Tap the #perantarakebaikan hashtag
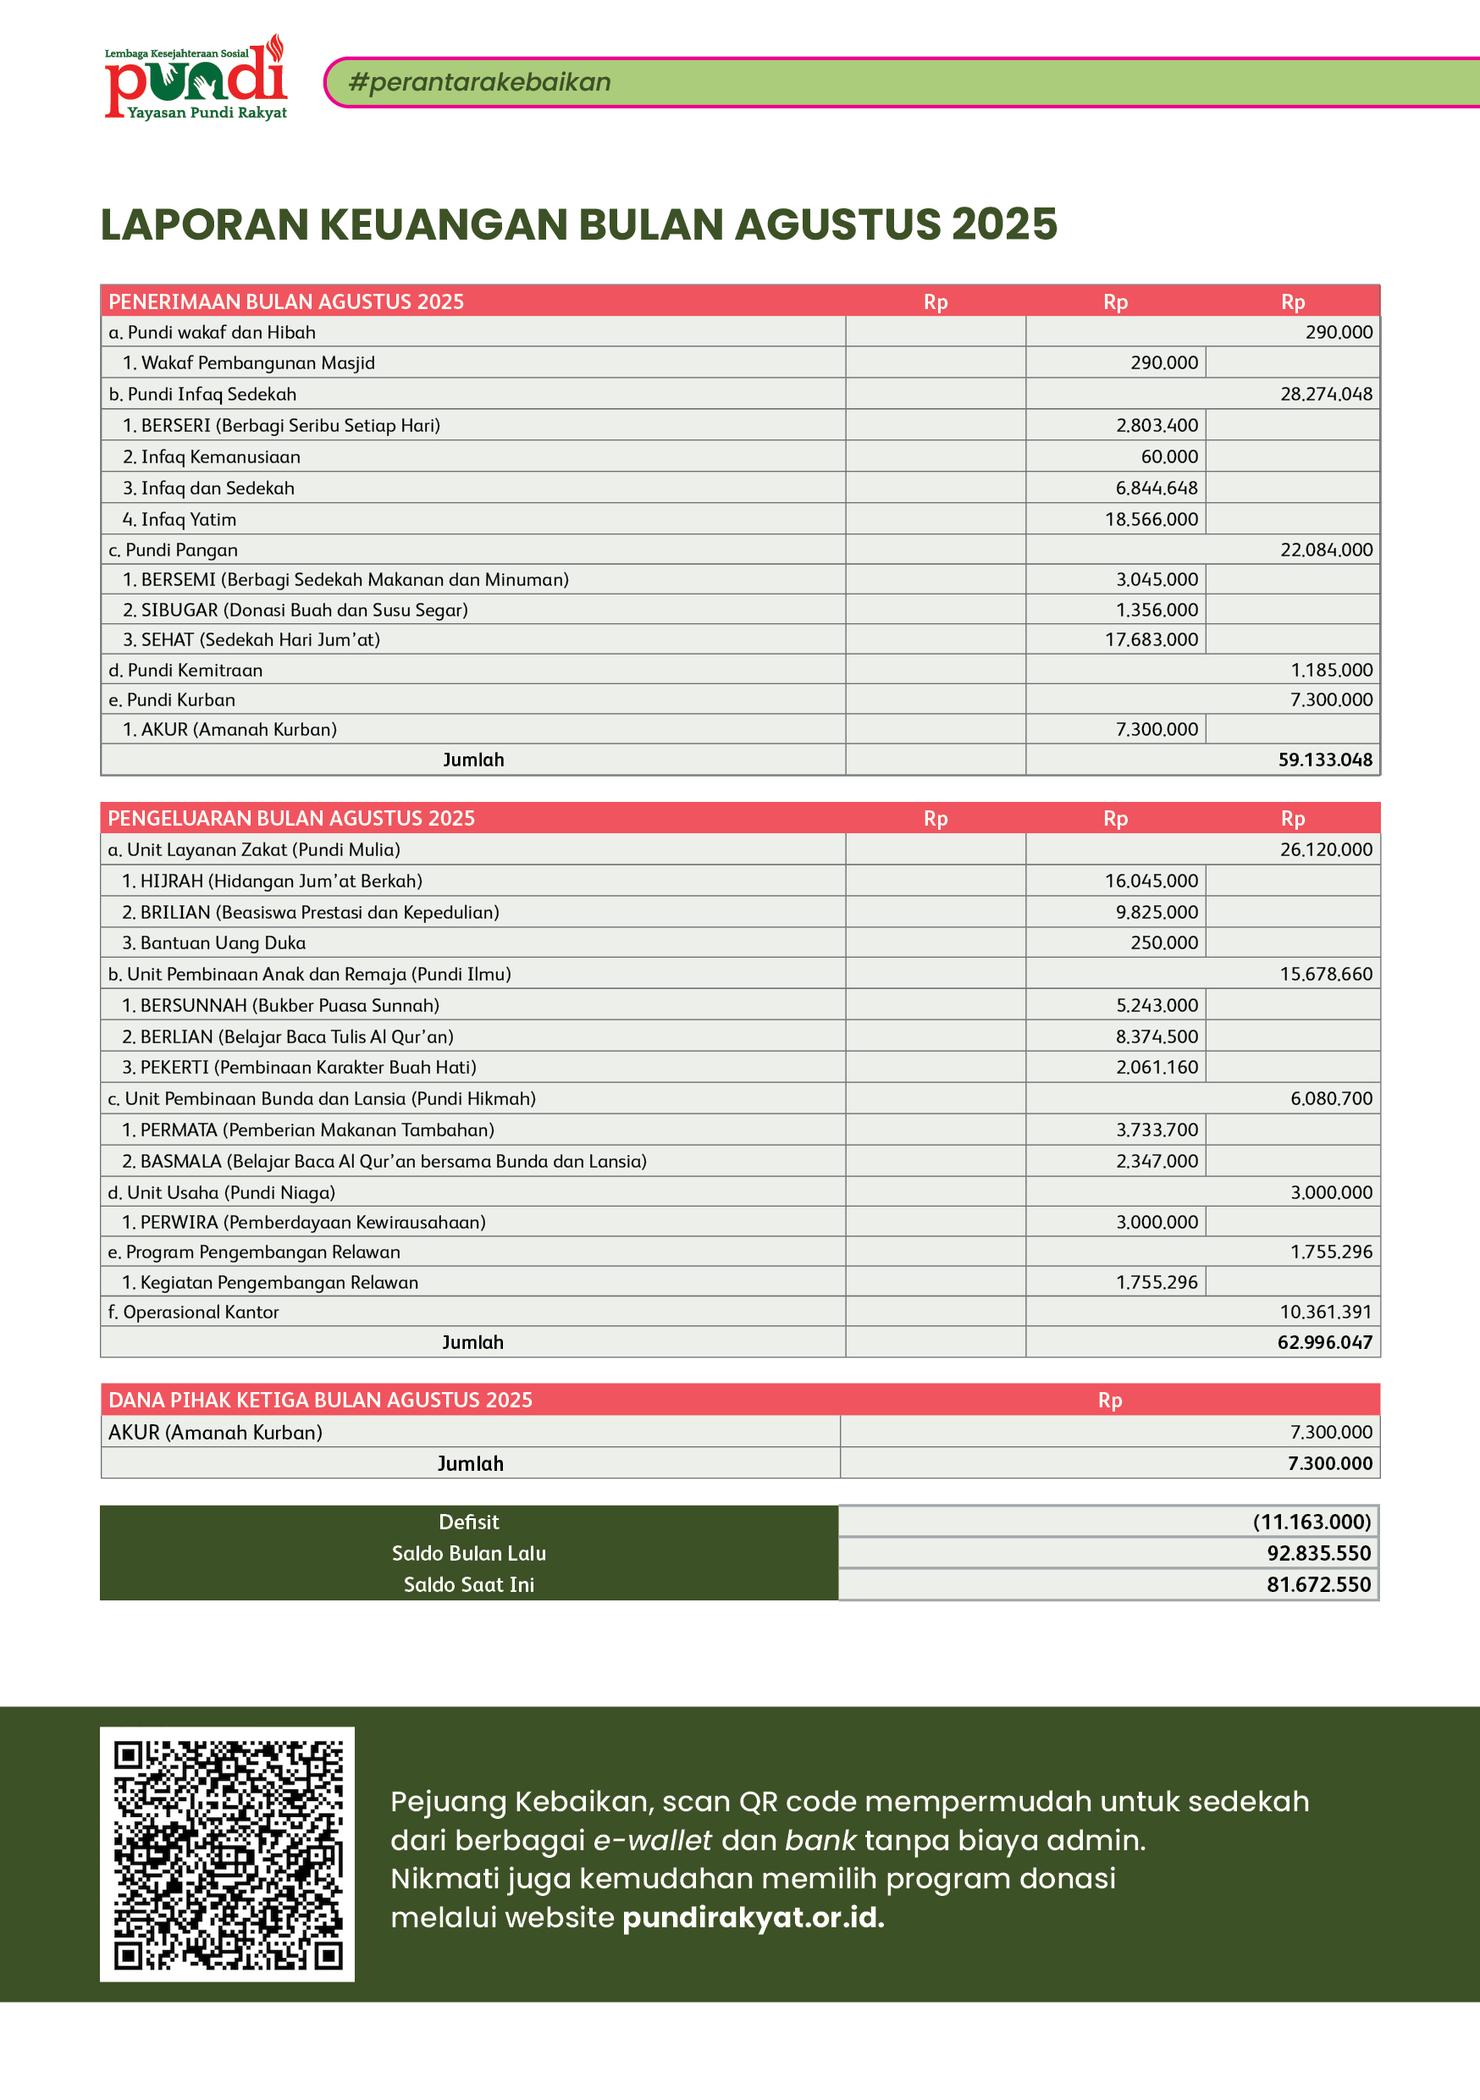tap(479, 82)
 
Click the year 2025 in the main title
tap(1003, 224)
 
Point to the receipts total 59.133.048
tap(1324, 760)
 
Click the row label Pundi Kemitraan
tap(185, 671)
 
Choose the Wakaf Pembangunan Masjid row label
tap(249, 363)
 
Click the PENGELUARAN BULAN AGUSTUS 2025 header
tap(291, 819)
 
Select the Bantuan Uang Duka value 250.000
tap(1163, 943)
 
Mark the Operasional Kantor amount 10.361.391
tap(1325, 1312)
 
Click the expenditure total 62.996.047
tap(1324, 1343)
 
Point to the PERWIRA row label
tap(304, 1223)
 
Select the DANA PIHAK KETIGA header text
tap(320, 1401)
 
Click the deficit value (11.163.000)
tap(1312, 1522)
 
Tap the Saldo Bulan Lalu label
tap(468, 1553)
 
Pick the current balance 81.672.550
tap(1318, 1585)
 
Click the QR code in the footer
tap(227, 1854)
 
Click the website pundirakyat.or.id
tap(753, 1917)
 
